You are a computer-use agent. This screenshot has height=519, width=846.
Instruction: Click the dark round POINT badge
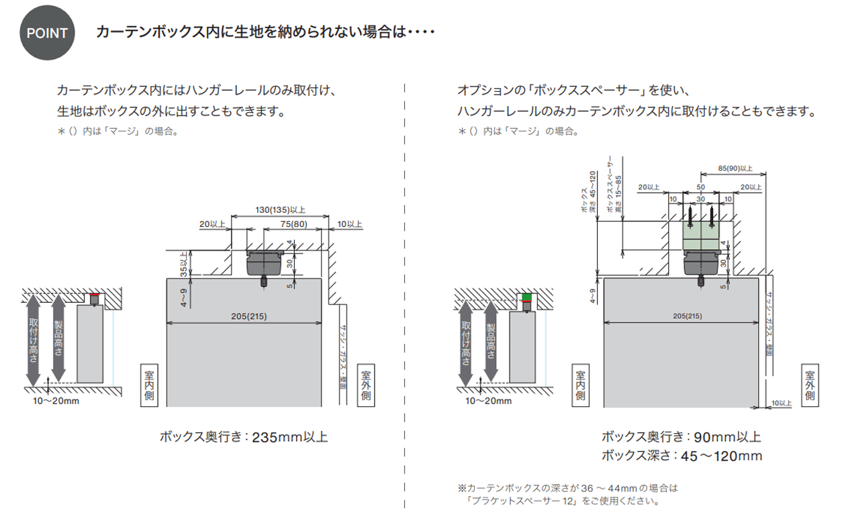coord(47,33)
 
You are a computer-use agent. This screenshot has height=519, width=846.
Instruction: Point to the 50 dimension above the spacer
coord(701,187)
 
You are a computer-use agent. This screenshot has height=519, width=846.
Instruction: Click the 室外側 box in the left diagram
coord(367,385)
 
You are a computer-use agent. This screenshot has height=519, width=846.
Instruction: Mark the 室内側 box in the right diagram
coord(579,386)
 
